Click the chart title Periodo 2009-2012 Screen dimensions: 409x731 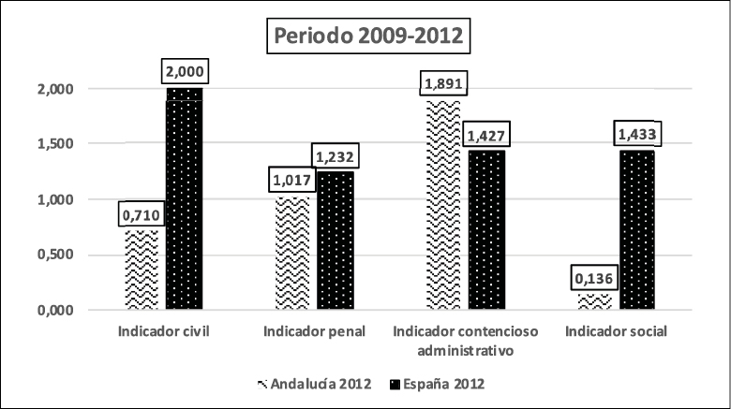point(365,39)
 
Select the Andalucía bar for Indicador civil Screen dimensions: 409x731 point(142,270)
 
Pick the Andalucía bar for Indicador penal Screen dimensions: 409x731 point(292,253)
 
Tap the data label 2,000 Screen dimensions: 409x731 point(185,71)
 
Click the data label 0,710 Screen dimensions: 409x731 point(142,214)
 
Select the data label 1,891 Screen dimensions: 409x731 point(442,83)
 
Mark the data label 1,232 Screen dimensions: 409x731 point(335,158)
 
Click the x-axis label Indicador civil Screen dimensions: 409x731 point(163,333)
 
